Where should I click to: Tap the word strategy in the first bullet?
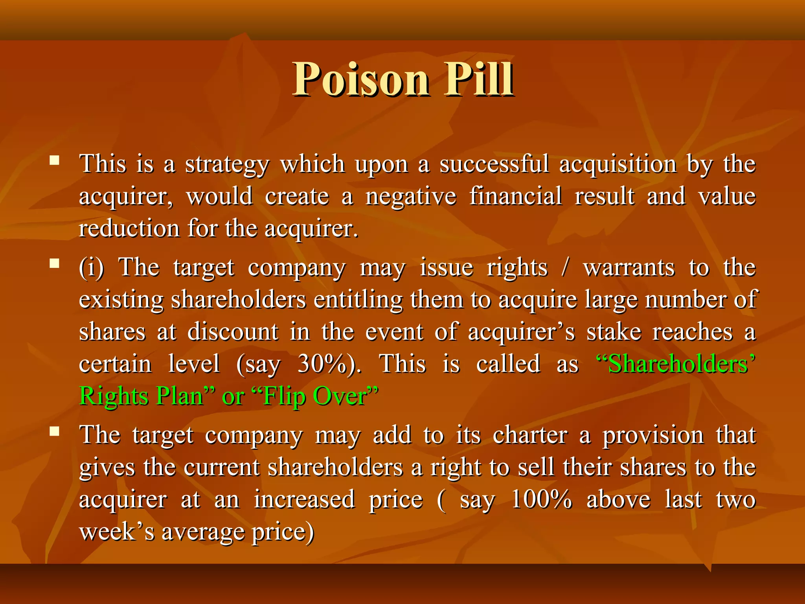pos(227,164)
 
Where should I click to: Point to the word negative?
pos(411,197)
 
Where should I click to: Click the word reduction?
pos(129,228)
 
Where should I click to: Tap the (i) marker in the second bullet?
pos(91,268)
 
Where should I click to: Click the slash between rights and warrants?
pos(565,268)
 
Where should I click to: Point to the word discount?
pos(233,332)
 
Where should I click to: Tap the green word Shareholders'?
pos(676,364)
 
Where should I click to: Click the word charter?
pos(530,435)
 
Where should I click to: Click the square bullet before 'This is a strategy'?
pos(55,160)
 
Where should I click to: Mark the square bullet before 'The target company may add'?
pos(55,432)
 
